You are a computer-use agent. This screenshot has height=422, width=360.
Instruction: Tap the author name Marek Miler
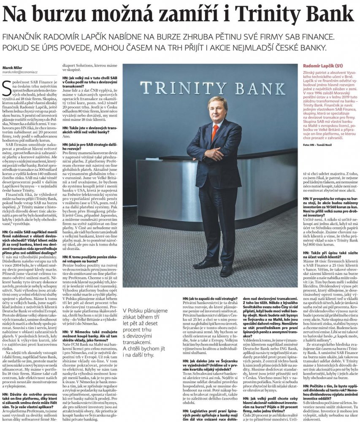tap(13, 67)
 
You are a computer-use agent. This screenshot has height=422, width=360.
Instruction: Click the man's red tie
tap(215, 132)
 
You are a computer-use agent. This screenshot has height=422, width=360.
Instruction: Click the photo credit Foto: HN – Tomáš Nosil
tap(321, 144)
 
